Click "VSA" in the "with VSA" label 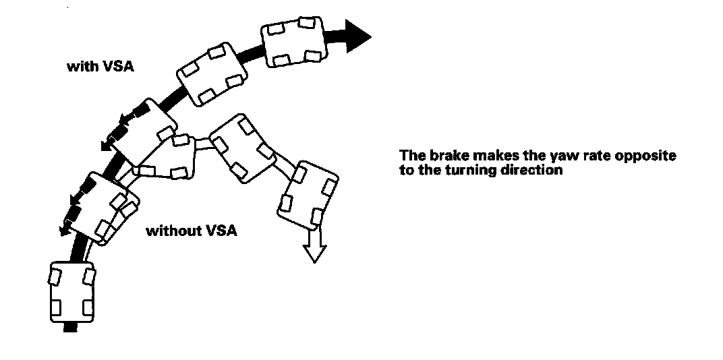(110, 67)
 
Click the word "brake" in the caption (440, 156)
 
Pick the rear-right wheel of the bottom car (87, 307)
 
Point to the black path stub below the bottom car (70, 328)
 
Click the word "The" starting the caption (410, 156)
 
